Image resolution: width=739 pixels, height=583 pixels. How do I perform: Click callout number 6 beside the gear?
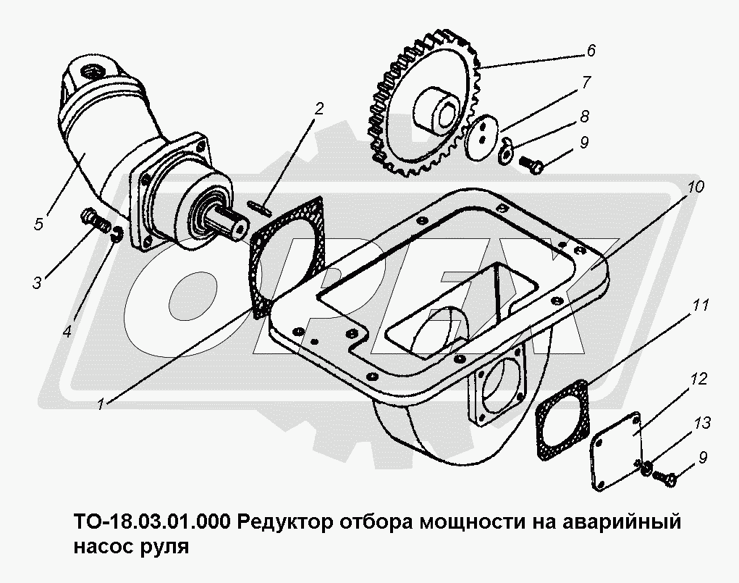[591, 51]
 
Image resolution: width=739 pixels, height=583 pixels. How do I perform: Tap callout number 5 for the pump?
[38, 224]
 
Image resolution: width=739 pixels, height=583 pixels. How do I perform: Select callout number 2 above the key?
[319, 109]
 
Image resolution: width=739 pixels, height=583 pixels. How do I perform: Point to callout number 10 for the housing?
[695, 186]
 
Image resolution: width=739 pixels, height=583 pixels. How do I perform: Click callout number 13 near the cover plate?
[702, 423]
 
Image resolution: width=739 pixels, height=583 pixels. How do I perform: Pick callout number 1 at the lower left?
[101, 404]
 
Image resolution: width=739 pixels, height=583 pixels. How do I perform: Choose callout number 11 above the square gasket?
[700, 305]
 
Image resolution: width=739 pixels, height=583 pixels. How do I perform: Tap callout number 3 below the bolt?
[37, 282]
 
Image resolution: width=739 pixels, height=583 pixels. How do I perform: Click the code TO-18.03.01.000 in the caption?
[152, 522]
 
